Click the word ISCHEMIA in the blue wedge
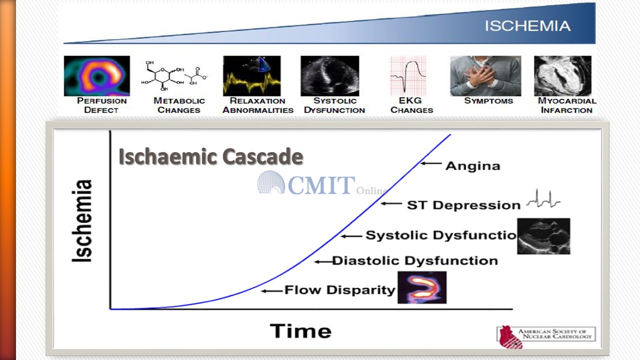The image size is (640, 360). click(527, 26)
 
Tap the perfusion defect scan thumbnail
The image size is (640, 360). click(97, 75)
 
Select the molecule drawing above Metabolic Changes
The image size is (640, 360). click(174, 75)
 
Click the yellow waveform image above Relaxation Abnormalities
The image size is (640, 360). click(251, 75)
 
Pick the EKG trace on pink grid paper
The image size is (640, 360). click(408, 75)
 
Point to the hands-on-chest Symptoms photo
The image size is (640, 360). click(485, 75)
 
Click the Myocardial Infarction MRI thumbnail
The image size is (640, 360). click(562, 75)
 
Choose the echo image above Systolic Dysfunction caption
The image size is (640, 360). click(329, 75)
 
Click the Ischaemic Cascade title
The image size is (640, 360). click(211, 156)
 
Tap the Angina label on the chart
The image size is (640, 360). click(473, 166)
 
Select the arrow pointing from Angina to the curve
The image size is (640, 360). click(431, 163)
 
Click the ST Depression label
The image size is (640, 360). click(463, 205)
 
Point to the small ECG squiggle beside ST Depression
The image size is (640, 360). click(543, 198)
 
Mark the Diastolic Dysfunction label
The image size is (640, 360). click(415, 260)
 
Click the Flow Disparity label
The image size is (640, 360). click(340, 289)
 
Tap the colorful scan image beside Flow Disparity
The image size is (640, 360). click(422, 287)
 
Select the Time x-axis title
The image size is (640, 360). click(300, 331)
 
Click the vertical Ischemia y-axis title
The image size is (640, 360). click(82, 220)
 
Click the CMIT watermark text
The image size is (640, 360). click(321, 185)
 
